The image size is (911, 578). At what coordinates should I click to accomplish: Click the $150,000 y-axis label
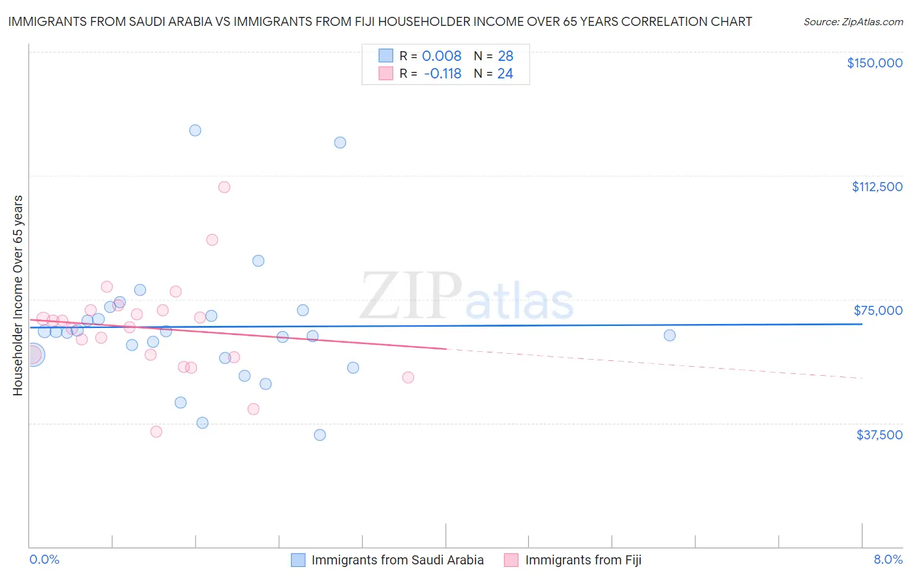coord(874,63)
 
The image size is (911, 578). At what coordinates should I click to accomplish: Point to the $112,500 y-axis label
coord(877,187)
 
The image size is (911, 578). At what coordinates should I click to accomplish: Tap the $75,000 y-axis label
coord(878,310)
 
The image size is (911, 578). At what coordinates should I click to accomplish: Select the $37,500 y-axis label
coord(879,435)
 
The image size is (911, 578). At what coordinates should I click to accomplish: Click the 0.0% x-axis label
coord(44,559)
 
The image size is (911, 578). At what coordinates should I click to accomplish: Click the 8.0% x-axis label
coord(888,559)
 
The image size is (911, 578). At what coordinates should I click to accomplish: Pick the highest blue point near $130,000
coord(195,130)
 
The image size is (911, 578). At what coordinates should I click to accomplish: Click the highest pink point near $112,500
coord(224,187)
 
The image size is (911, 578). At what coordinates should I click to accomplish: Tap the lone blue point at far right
coord(669,336)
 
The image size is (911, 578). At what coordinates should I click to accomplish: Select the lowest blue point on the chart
coord(319,435)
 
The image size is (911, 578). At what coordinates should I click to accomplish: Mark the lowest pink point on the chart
coord(156,432)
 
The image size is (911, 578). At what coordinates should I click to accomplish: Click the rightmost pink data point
coord(408,377)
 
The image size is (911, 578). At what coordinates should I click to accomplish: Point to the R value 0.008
coord(441,56)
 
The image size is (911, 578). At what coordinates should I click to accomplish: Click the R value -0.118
coord(442,74)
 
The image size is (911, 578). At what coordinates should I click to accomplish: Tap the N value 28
coord(505,56)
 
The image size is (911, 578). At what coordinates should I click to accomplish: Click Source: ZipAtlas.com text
coord(853,21)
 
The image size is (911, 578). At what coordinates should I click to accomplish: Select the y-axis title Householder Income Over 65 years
coord(18,295)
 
